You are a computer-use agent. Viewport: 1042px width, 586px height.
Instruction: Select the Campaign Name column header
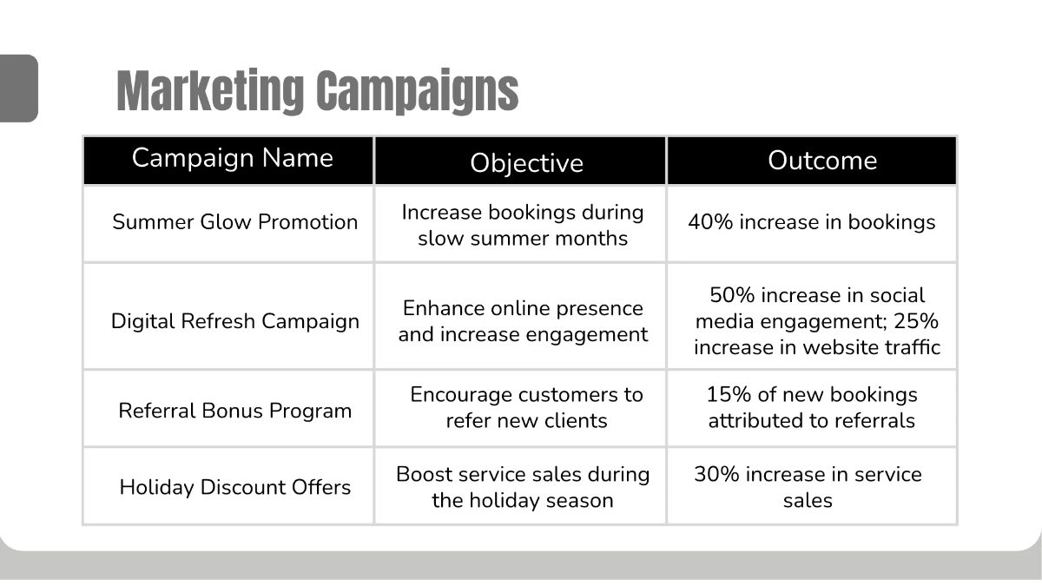tap(232, 158)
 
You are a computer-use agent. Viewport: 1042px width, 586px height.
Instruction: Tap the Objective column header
tap(526, 162)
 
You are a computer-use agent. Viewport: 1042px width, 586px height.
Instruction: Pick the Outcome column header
tap(821, 161)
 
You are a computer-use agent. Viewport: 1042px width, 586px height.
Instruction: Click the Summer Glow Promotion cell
tap(234, 222)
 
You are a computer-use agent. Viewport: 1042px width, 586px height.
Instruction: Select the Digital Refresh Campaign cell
tap(234, 321)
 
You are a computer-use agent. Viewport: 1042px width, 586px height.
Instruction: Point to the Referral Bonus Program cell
tap(234, 411)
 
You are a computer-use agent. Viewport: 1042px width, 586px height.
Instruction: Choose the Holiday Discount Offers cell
tap(234, 487)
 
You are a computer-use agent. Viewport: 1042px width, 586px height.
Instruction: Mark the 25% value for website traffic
tap(920, 321)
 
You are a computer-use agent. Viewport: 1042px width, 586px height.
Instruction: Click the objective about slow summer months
tap(523, 226)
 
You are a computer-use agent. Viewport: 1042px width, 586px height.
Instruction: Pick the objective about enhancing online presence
tap(523, 321)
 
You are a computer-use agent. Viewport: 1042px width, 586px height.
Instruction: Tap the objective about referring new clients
tap(526, 408)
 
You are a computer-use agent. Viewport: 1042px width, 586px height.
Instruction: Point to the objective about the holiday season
tap(523, 487)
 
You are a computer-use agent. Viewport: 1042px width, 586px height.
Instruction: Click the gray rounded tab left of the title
tap(18, 88)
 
